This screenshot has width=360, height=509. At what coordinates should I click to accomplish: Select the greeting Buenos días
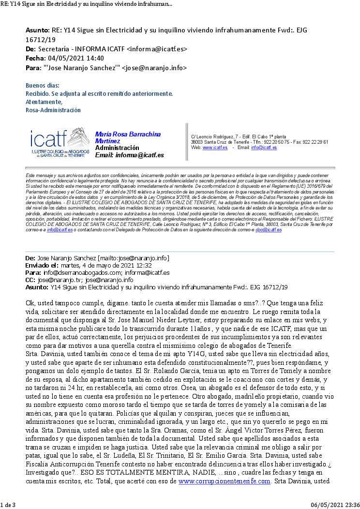43,85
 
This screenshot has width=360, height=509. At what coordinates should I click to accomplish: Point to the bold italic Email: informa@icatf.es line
129,155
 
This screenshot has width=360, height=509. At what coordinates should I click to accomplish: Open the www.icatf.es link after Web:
215,148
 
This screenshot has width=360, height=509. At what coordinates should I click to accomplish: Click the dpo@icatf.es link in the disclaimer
273,230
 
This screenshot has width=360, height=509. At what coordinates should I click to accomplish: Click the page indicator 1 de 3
8,505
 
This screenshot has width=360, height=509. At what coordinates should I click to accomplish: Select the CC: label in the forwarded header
30,280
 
